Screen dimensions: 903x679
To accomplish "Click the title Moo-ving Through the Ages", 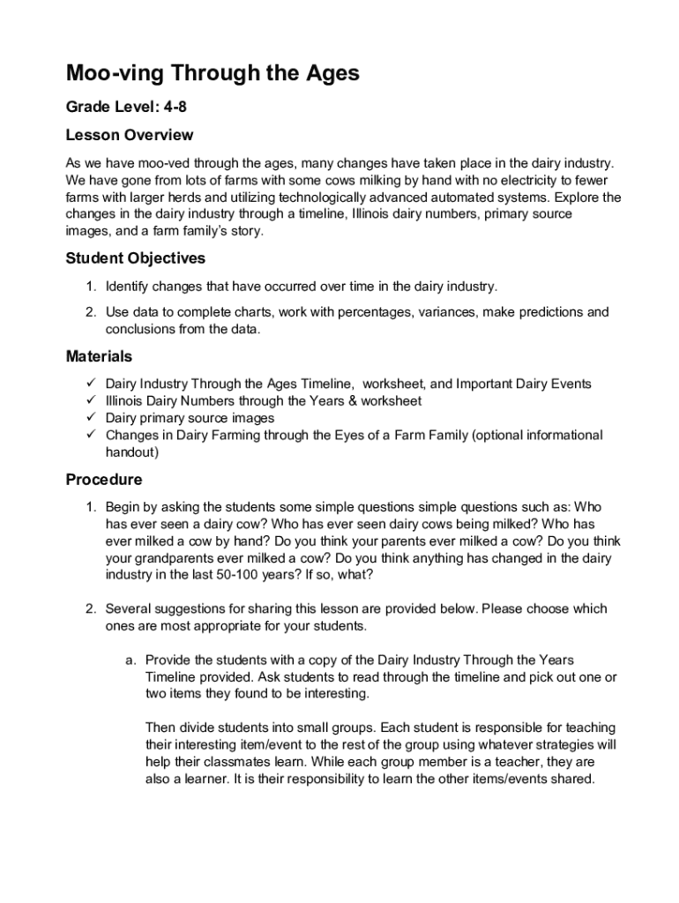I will (x=213, y=73).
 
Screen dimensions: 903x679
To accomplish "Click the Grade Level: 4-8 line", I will (x=126, y=108).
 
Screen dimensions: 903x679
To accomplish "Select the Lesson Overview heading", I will (x=130, y=136).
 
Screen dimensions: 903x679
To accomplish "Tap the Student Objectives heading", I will (x=136, y=258).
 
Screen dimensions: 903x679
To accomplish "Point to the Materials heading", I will (x=100, y=356).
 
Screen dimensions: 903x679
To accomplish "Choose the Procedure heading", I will (x=104, y=480).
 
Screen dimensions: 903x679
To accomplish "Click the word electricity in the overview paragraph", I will (x=496, y=181).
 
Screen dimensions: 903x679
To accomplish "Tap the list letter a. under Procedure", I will (x=130, y=660).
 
